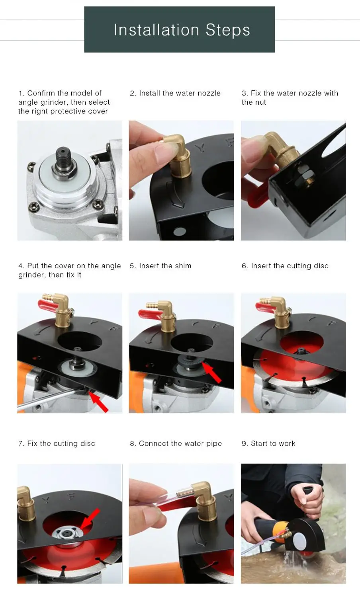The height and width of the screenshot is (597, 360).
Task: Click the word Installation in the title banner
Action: coord(157,29)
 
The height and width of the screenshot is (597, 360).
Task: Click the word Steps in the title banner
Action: coord(228,30)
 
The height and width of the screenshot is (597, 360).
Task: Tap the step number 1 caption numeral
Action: coord(20,93)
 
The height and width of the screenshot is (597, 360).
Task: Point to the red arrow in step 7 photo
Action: coord(90,518)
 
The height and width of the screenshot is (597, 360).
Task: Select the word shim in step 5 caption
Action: coord(183,266)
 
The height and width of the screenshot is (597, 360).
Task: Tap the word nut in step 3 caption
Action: coord(260,102)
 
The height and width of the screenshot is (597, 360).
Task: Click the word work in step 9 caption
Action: coord(287,443)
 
